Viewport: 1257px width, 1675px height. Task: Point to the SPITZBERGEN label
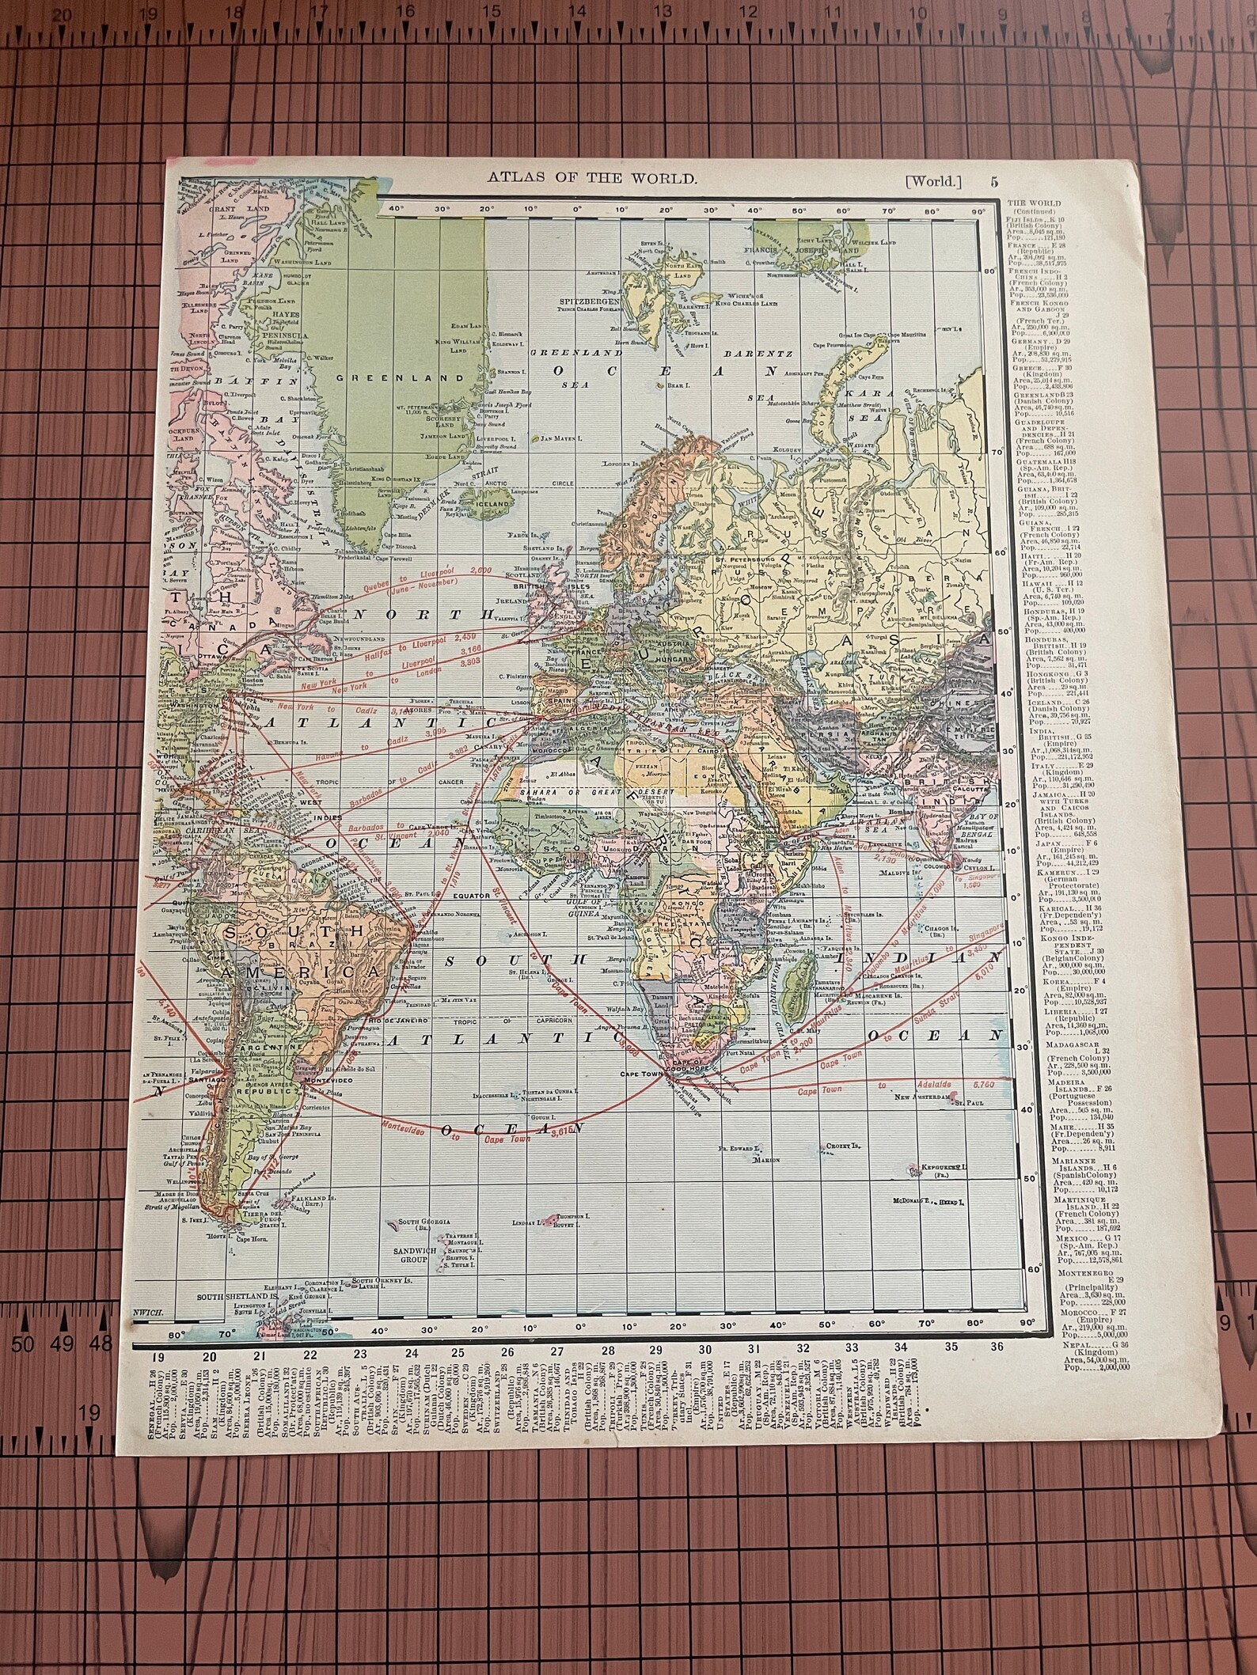569,302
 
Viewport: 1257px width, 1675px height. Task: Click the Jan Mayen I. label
561,437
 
